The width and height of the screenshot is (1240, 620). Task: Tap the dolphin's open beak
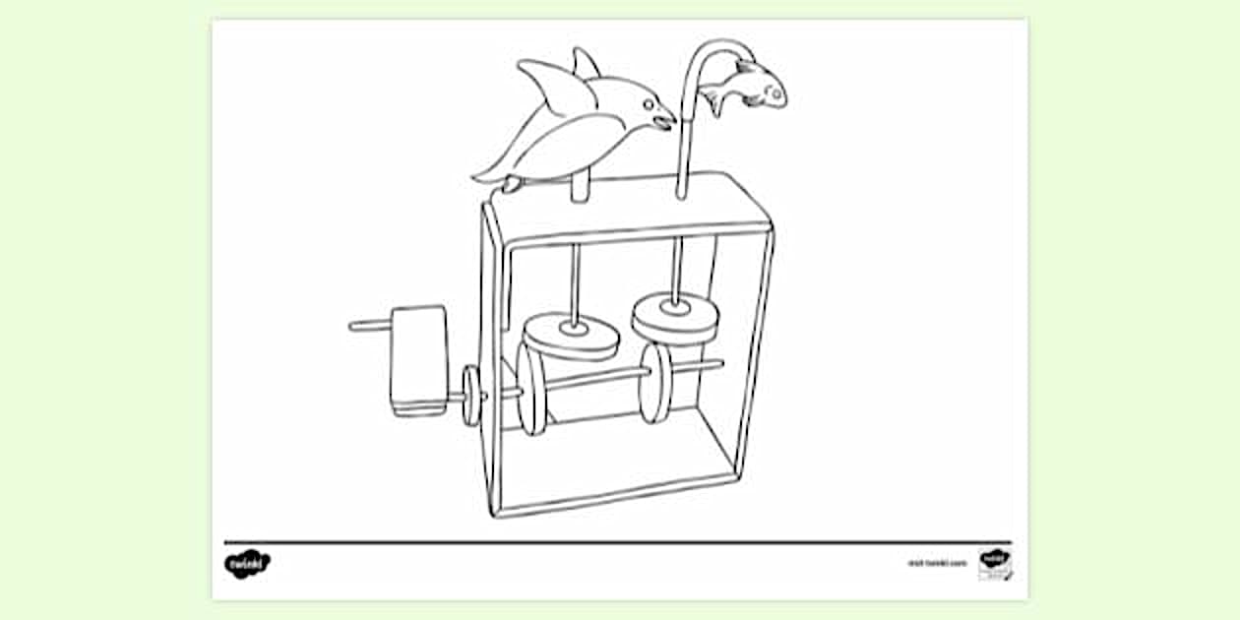click(665, 121)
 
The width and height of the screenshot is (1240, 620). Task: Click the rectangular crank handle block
click(418, 359)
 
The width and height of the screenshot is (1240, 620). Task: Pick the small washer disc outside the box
click(471, 395)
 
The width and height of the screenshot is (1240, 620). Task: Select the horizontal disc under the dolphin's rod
click(571, 336)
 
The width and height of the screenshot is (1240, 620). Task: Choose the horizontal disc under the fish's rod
click(675, 315)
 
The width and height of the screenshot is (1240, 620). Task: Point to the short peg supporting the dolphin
click(580, 187)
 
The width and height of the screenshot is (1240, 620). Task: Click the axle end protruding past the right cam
click(711, 365)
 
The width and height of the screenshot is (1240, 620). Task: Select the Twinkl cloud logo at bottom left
click(246, 563)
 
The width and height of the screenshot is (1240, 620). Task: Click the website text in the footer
click(937, 564)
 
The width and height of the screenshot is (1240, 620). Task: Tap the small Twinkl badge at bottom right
click(995, 563)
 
